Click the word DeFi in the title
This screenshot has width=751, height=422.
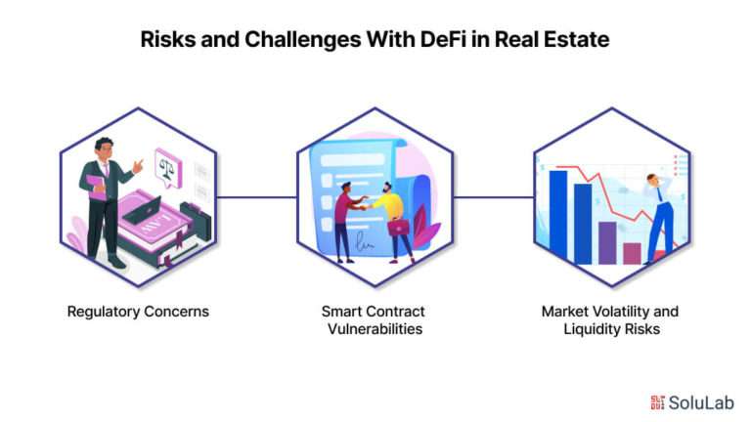(x=443, y=39)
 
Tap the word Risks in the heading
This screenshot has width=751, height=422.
(x=167, y=39)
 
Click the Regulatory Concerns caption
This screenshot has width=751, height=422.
(x=138, y=312)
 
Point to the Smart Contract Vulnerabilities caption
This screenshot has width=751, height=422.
(x=374, y=320)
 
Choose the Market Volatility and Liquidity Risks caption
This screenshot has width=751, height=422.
(x=610, y=320)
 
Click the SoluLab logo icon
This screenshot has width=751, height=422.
(x=657, y=402)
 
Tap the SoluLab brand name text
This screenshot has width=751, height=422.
(x=701, y=402)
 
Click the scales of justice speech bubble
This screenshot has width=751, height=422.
(x=168, y=167)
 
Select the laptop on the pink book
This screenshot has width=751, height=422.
(x=142, y=211)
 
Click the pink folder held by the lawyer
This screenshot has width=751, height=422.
(x=97, y=188)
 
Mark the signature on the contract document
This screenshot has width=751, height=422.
(x=365, y=242)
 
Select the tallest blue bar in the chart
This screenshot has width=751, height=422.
(x=558, y=215)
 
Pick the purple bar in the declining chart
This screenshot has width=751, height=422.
(x=607, y=242)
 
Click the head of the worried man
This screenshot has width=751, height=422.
(x=653, y=180)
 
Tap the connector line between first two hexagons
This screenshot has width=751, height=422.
(x=257, y=197)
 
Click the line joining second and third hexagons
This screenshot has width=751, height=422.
(x=493, y=197)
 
